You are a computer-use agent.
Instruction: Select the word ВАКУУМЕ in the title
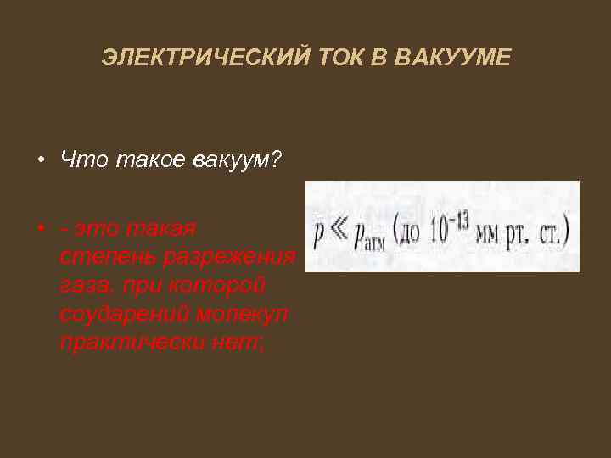pyautogui.click(x=464, y=58)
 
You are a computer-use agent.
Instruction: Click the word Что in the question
pyautogui.click(x=81, y=159)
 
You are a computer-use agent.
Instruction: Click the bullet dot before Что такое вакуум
pyautogui.click(x=40, y=160)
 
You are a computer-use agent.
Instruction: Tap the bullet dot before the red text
pyautogui.click(x=40, y=229)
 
